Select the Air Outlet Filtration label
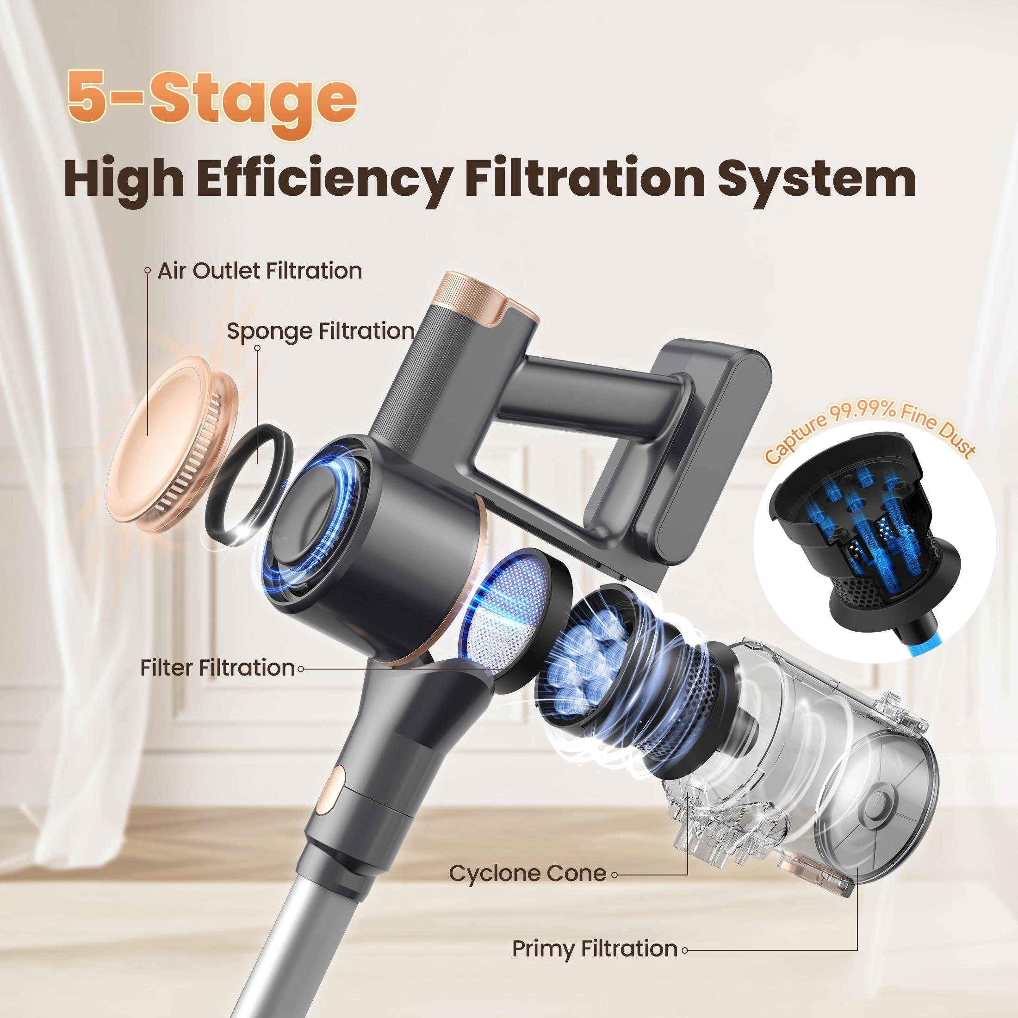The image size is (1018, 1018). pos(259,271)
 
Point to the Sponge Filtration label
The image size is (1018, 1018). pos(320,331)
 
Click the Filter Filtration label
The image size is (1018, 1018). pos(217,668)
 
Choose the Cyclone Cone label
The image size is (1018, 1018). pos(528,873)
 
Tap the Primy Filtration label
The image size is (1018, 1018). pos(594,949)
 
